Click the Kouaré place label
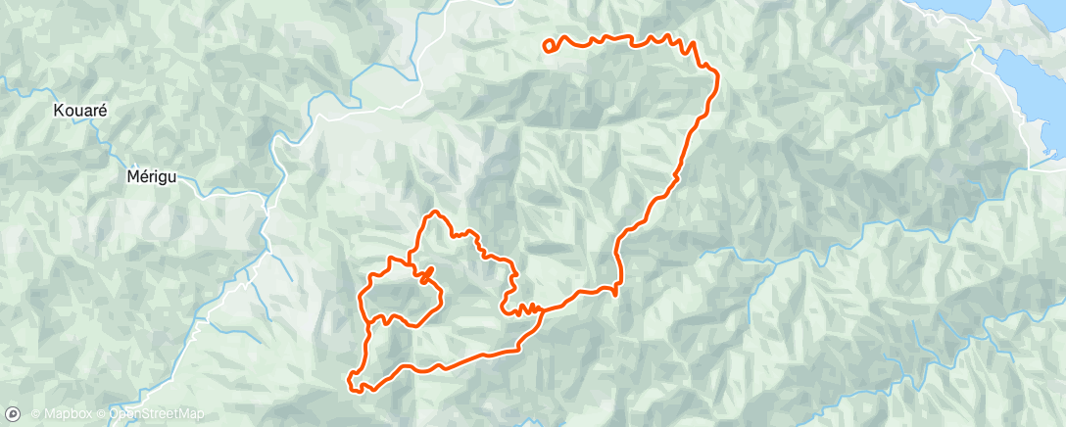[x=80, y=112]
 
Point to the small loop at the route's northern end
[x=550, y=43]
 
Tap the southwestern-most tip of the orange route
[x=351, y=377]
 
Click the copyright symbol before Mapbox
[x=36, y=414]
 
